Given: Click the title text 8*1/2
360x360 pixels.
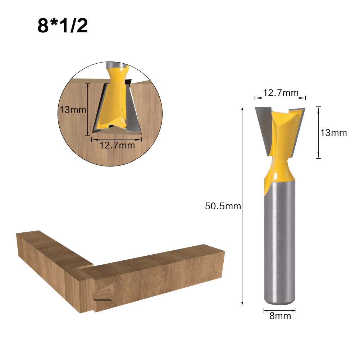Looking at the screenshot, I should pos(63,26).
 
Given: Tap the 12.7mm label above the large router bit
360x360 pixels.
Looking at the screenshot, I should pos(281,93).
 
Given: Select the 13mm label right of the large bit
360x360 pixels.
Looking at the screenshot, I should pos(334,133).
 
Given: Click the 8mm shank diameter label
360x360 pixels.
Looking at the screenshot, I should pos(280,316).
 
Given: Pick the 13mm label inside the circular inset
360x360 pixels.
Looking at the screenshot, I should pos(73,110).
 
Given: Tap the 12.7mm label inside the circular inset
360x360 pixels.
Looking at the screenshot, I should pos(117,145).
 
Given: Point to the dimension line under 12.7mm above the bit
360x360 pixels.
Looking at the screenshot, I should pos(280,98).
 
